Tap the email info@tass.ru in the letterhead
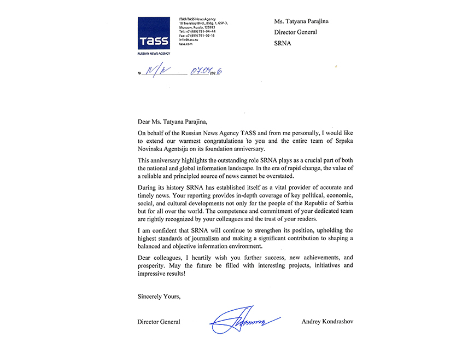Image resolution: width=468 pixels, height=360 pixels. pos(188,40)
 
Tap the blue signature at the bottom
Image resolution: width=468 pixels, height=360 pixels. pos(243,319)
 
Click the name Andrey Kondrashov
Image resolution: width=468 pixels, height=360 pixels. pos(327,322)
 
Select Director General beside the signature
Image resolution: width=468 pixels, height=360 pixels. pos(159,322)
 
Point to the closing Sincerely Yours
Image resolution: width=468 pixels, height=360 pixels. pos(159,296)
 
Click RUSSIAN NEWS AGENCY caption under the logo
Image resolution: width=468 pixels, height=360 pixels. pos(154,54)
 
